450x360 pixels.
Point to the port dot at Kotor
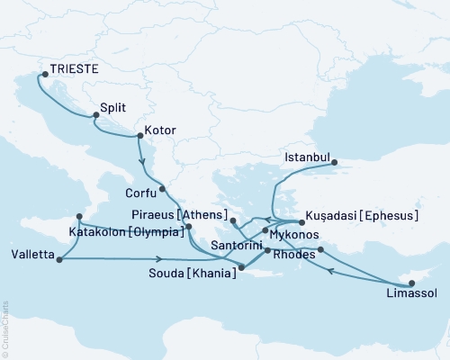138,137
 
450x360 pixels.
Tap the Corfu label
139,192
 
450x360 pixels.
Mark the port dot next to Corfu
162,189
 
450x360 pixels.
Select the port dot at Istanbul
334,163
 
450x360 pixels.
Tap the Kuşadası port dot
301,221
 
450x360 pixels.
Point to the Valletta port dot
58,260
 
